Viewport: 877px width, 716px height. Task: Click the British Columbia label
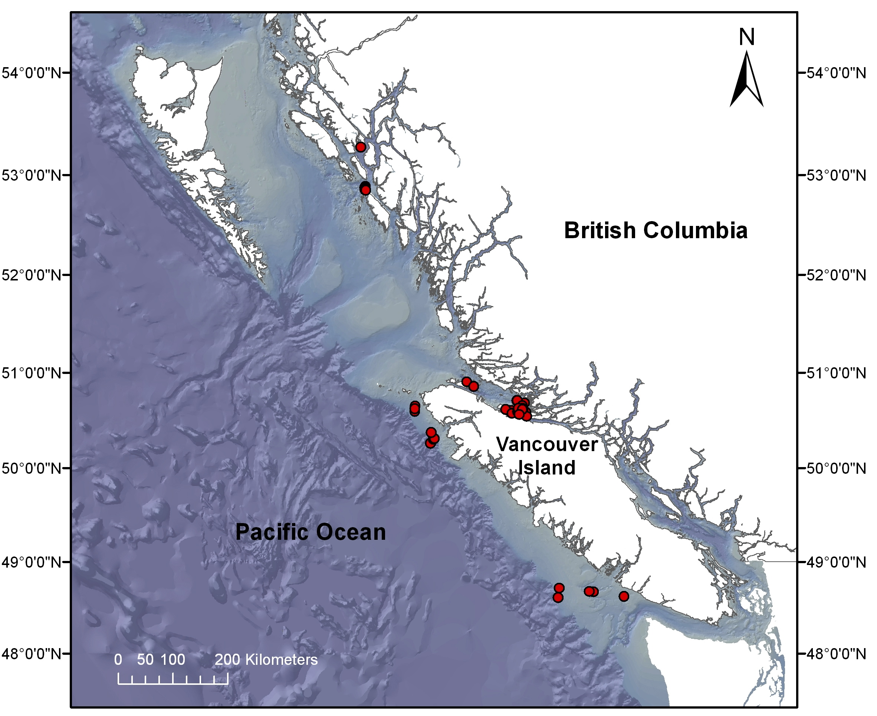coord(656,230)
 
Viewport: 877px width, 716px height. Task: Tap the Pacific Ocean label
coord(310,532)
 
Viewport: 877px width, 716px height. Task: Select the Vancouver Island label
coord(546,456)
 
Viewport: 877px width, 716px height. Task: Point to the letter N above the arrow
coord(747,37)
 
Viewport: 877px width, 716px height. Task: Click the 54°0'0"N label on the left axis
coord(32,73)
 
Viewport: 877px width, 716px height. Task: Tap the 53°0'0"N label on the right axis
coord(837,175)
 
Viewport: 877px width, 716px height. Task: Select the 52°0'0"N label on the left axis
coord(32,275)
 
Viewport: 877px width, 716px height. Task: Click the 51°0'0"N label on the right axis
coord(837,373)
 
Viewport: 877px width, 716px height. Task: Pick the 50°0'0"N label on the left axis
coord(32,469)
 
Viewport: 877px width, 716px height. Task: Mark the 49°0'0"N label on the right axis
coord(837,562)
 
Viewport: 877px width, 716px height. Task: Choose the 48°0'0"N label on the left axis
coord(32,654)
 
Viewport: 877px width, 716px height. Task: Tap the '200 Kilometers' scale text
coord(266,660)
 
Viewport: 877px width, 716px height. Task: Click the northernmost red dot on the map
coord(361,147)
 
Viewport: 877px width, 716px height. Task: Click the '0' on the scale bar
coord(118,660)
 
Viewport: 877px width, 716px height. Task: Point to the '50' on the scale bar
coord(145,660)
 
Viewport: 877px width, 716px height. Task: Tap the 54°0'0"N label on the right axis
coord(837,73)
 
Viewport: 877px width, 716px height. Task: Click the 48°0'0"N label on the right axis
coord(837,654)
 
